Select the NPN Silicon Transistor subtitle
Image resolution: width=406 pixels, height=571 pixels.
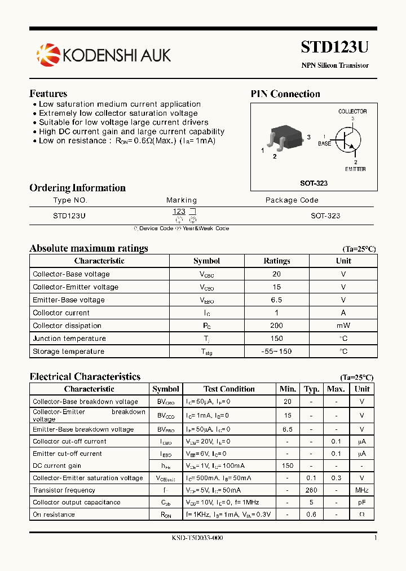tap(335, 65)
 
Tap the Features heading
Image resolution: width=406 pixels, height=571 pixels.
tap(48, 94)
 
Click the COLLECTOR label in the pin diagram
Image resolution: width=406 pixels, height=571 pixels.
tap(352, 112)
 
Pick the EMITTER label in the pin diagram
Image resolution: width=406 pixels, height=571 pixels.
tap(355, 169)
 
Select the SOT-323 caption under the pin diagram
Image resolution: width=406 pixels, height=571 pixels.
tap(314, 183)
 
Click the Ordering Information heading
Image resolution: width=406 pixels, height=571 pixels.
tap(77, 188)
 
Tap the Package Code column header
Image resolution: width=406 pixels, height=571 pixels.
tap(292, 200)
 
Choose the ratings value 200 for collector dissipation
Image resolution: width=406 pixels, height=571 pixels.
tap(276, 326)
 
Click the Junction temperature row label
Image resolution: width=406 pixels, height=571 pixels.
tap(69, 339)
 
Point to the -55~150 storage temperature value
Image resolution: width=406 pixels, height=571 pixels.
tap(276, 352)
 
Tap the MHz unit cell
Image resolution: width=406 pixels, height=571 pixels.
tap(362, 490)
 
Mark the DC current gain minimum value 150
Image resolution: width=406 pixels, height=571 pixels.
tap(288, 466)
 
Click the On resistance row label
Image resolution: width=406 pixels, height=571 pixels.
tap(54, 515)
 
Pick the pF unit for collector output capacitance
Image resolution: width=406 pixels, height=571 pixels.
tap(362, 502)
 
